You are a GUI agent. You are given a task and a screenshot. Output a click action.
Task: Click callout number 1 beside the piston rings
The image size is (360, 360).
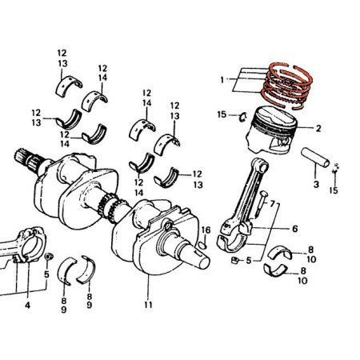coord(222,79)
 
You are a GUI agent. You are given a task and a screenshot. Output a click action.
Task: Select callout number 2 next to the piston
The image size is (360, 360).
coord(318,129)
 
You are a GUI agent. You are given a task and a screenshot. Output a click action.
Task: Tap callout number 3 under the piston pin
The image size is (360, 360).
coord(315,185)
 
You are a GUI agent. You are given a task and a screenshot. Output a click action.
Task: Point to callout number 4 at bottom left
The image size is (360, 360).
coord(26,306)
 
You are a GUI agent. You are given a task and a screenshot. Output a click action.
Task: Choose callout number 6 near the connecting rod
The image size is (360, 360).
coord(294,229)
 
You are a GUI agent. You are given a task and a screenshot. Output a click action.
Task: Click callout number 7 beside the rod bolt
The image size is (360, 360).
coord(272,204)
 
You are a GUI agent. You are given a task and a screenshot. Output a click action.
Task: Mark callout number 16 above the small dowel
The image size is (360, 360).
coord(205,230)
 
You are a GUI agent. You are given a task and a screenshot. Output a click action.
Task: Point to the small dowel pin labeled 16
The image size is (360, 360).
coord(204,245)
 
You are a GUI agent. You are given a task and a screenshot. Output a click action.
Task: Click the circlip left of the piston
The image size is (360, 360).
coord(241,119)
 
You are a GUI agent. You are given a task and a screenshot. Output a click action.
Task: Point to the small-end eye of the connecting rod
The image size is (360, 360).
coord(257,165)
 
